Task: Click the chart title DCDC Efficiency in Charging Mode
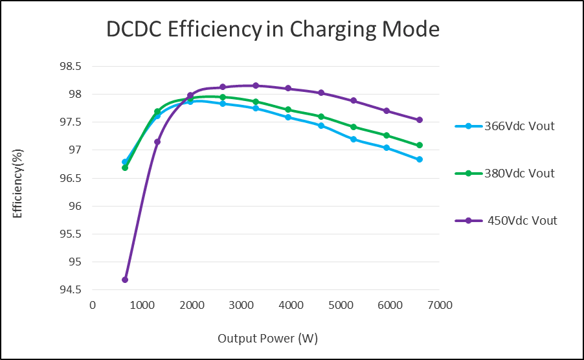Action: click(x=273, y=30)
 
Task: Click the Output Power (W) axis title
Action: click(x=267, y=339)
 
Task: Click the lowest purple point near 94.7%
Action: click(x=125, y=280)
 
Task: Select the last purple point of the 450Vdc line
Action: click(x=420, y=120)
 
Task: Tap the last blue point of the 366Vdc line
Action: click(x=420, y=159)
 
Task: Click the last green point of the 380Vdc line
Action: click(x=420, y=146)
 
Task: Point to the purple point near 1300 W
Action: click(x=157, y=142)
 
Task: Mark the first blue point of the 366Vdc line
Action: click(x=125, y=162)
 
